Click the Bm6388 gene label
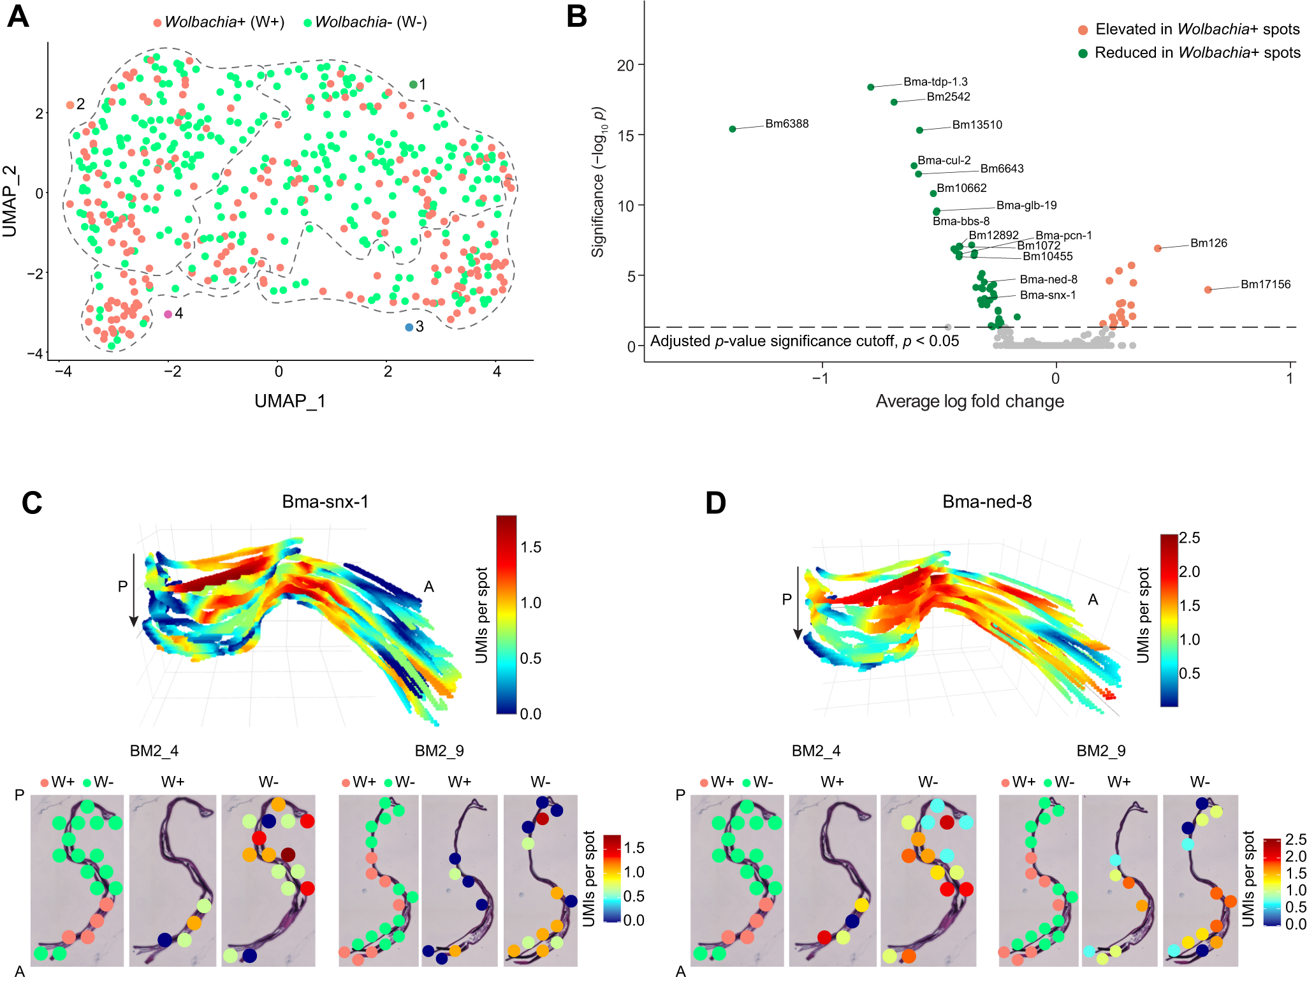787,124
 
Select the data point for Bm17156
1208,289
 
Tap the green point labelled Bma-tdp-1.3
871,87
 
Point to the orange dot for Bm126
1158,248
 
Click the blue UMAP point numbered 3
409,327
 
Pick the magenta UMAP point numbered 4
168,314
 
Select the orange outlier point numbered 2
70,105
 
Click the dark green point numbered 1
413,84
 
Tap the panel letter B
576,17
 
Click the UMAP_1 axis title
290,401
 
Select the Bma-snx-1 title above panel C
325,502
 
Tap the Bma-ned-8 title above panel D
987,502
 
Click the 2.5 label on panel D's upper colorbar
1190,538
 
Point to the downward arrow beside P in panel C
134,590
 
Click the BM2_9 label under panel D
1101,751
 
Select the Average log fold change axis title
970,401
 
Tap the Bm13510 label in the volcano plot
977,125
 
